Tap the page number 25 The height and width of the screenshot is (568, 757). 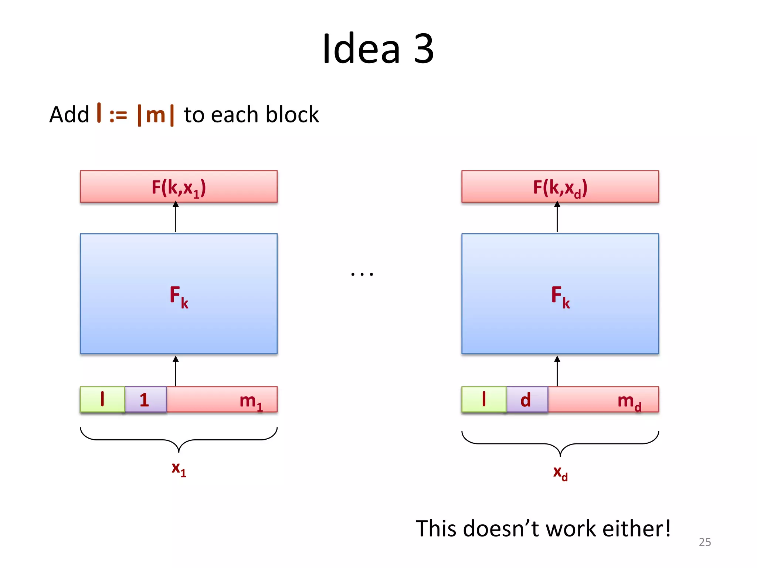point(705,542)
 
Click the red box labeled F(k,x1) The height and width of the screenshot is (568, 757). point(179,187)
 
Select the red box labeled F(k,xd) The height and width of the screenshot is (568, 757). point(560,187)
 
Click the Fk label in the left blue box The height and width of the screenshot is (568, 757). point(179,296)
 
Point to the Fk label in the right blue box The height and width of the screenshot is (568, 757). point(560,296)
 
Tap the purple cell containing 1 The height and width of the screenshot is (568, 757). point(145,399)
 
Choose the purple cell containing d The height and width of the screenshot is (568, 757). point(526,399)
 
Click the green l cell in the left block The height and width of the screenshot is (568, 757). point(102,399)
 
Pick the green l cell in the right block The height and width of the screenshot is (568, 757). point(484,399)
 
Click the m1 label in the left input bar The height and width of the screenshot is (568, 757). point(251,401)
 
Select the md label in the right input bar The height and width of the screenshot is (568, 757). point(629,402)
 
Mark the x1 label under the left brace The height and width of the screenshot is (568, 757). point(179,469)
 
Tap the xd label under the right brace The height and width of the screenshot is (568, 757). point(560,473)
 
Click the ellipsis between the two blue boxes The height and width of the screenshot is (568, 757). point(362,274)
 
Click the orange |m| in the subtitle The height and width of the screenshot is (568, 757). point(155,115)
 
